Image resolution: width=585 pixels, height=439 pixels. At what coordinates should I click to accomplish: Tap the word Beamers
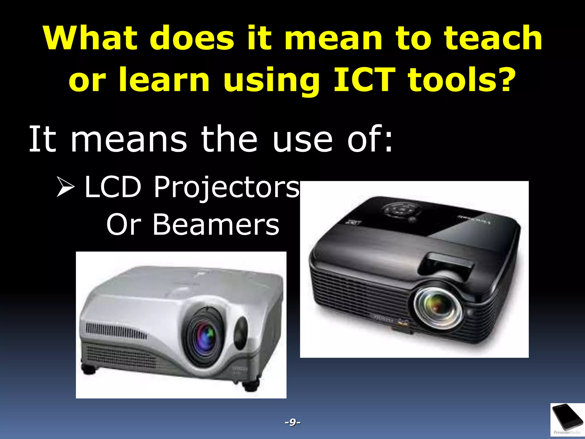(216, 225)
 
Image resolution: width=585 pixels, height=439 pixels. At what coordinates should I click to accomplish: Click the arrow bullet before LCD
(65, 187)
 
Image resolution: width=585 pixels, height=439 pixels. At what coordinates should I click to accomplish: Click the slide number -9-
(292, 422)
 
